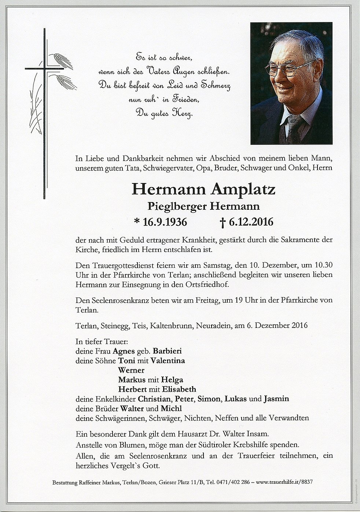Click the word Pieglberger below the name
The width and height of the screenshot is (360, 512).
click(177, 206)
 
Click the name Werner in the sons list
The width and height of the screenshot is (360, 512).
click(131, 370)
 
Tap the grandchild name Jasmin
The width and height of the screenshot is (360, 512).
click(276, 399)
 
